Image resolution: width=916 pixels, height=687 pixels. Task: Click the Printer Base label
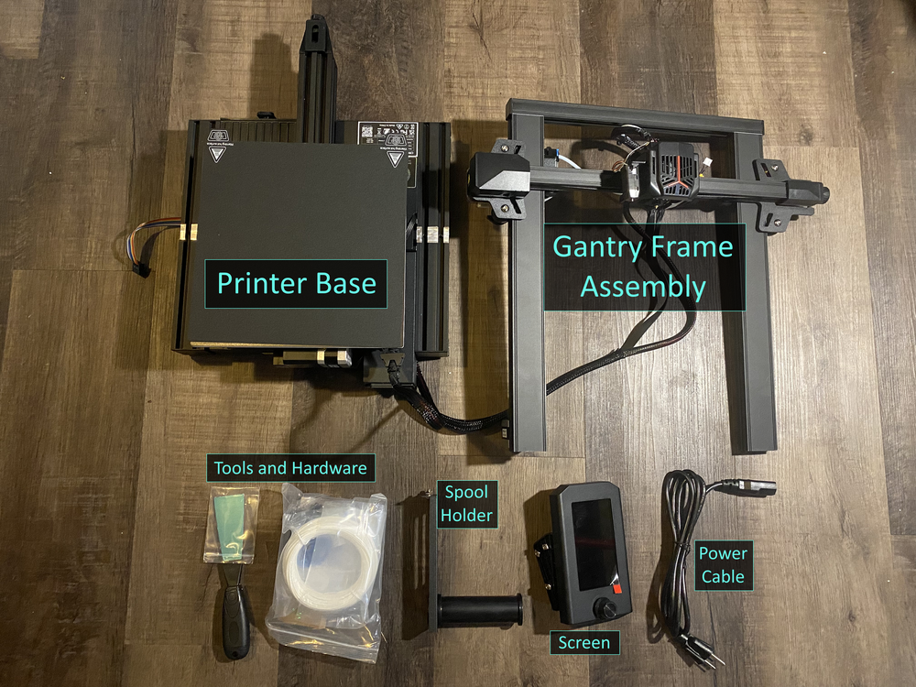(296, 282)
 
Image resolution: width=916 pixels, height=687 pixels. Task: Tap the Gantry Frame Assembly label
(643, 267)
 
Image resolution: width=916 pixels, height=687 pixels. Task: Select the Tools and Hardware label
(289, 468)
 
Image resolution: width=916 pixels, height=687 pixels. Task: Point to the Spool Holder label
(466, 504)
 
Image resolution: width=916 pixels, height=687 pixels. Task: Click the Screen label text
(584, 642)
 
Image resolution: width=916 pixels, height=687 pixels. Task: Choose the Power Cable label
(723, 564)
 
